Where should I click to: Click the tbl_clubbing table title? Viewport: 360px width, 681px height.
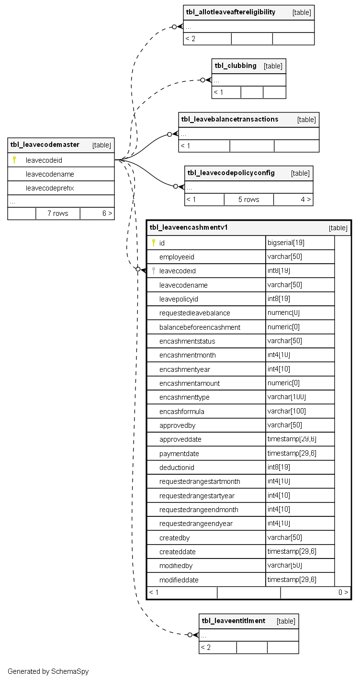[236, 66]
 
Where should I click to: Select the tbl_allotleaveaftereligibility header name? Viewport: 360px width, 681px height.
[231, 12]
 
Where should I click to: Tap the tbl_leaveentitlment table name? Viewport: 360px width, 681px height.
[233, 621]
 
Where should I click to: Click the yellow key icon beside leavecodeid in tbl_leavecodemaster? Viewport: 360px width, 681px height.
[14, 160]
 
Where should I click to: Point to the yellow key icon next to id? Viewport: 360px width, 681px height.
[153, 243]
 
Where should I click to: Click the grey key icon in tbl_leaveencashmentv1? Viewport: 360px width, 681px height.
[153, 271]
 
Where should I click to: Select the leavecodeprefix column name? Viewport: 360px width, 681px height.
[50, 188]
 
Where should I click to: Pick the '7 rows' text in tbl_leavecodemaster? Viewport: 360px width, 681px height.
[57, 213]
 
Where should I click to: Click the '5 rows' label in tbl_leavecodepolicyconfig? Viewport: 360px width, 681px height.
[248, 200]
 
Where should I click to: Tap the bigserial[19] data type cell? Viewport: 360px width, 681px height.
[286, 243]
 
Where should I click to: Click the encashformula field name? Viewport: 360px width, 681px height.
[182, 411]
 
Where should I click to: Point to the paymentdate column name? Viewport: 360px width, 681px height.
[179, 453]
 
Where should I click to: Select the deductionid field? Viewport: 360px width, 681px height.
[177, 467]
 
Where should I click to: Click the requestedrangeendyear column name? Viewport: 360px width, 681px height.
[196, 524]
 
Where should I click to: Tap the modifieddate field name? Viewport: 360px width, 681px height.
[179, 580]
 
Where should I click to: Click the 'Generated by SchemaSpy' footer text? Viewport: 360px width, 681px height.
[48, 671]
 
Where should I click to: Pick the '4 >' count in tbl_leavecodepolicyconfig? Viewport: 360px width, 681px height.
[305, 200]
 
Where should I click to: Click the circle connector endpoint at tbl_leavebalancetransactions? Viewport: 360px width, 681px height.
[169, 134]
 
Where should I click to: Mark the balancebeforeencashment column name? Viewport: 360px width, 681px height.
[200, 327]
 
